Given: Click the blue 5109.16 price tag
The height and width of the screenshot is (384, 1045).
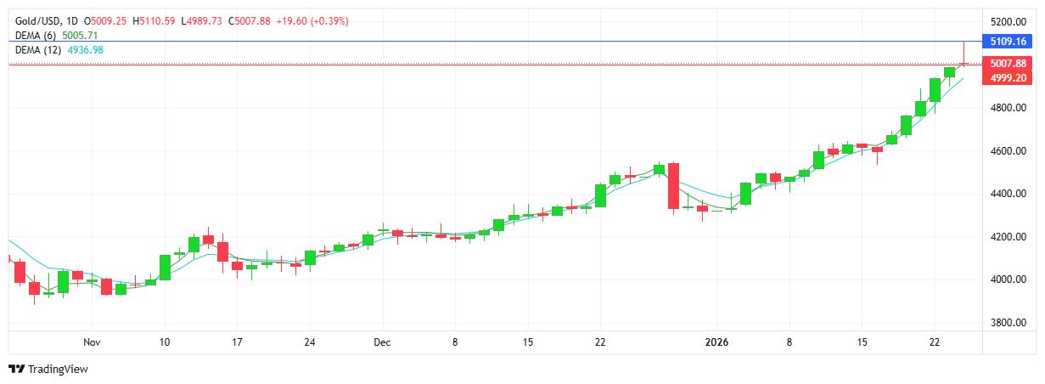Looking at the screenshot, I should [1008, 41].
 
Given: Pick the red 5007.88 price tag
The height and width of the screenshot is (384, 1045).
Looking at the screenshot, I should [1008, 63].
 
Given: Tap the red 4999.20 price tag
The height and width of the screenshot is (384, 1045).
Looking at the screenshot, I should [1008, 77].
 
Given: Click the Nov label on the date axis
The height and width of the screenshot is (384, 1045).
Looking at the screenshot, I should [93, 342].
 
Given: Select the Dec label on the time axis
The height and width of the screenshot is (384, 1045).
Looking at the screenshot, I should [382, 342].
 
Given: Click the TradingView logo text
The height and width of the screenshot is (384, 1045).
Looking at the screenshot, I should [57, 370].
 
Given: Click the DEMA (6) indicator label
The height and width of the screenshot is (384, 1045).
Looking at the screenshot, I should [37, 36].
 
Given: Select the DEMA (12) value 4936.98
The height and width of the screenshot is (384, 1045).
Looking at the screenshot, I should [86, 50].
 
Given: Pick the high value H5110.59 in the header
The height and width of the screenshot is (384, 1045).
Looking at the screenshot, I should [154, 20].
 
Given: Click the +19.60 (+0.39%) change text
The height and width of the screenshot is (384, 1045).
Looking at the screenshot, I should [310, 20].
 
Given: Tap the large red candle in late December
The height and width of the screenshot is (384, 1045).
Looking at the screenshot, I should [673, 185].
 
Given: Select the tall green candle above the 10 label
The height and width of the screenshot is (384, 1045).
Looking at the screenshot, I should [165, 266].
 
